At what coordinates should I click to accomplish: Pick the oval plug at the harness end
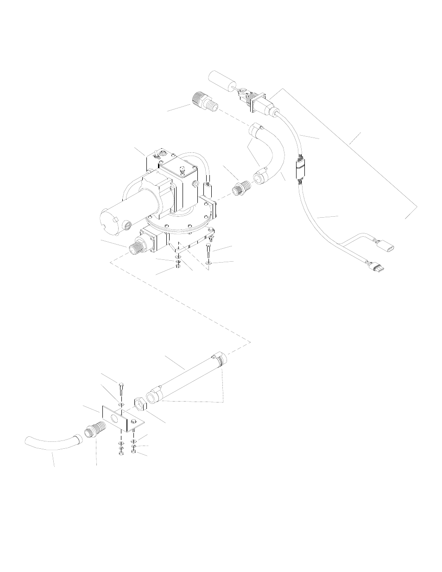388,246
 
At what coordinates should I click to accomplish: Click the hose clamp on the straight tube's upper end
219,359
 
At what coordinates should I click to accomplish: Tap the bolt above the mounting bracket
120,389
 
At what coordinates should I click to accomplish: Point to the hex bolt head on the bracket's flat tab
134,421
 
